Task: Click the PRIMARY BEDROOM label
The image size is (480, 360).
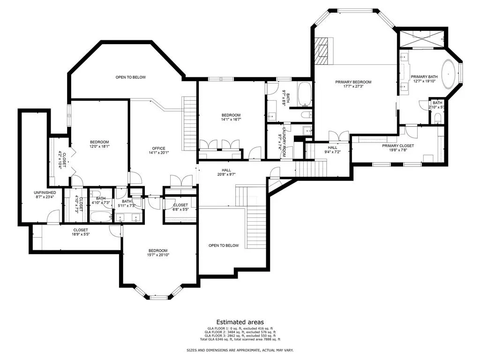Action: (x=353, y=82)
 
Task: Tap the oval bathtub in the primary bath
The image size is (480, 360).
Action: (x=450, y=74)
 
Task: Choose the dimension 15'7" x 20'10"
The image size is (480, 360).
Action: (x=157, y=255)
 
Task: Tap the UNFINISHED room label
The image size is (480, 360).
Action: (x=45, y=193)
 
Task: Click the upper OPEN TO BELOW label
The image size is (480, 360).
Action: (x=130, y=77)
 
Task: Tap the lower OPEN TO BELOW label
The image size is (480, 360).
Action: (x=224, y=246)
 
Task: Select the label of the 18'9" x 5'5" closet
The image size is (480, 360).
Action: (x=80, y=230)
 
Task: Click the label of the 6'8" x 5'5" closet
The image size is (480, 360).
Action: (x=180, y=205)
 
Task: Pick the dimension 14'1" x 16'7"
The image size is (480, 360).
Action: (x=231, y=120)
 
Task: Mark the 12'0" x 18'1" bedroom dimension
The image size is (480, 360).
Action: (x=99, y=146)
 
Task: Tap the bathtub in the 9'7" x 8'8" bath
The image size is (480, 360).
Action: (x=305, y=93)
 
